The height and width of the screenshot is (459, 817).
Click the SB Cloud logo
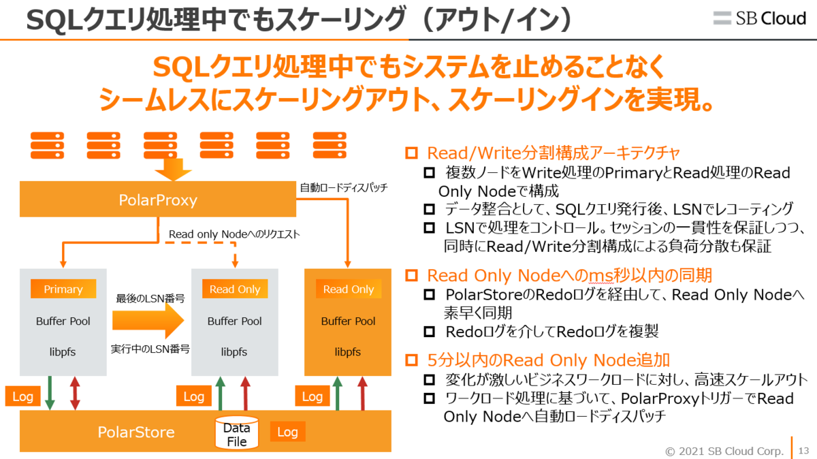pyautogui.click(x=759, y=18)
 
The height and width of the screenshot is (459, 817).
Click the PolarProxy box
pyautogui.click(x=158, y=200)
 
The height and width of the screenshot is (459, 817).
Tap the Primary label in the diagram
pyautogui.click(x=63, y=289)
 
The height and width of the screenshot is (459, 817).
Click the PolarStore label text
pyautogui.click(x=136, y=432)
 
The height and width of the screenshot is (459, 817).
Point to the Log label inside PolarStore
pyautogui.click(x=287, y=432)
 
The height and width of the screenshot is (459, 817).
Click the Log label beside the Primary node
pyautogui.click(x=22, y=396)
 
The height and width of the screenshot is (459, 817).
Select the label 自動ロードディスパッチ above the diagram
pyautogui.click(x=344, y=187)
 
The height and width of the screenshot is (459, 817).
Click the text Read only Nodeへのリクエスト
pyautogui.click(x=234, y=234)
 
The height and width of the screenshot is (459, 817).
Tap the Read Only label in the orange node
pyautogui.click(x=349, y=289)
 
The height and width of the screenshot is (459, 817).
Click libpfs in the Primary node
pyautogui.click(x=63, y=352)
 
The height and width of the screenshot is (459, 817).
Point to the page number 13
pyautogui.click(x=803, y=450)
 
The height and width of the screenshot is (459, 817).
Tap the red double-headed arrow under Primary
pyautogui.click(x=75, y=394)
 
